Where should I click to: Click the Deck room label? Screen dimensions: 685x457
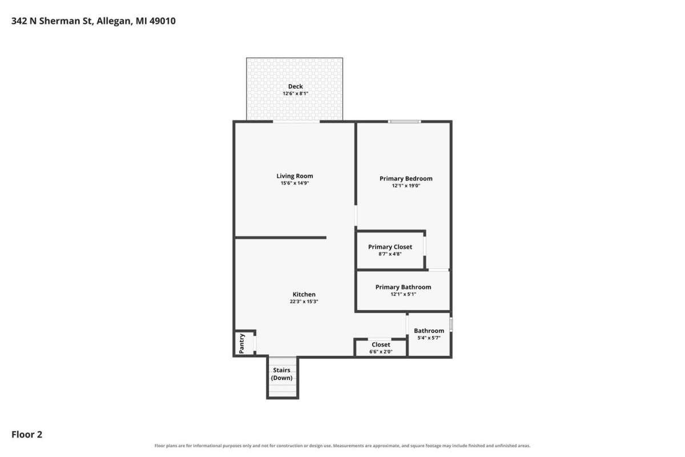pyautogui.click(x=296, y=86)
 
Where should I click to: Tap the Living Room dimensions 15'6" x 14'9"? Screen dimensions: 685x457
pyautogui.click(x=295, y=183)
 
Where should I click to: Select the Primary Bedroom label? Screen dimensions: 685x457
pyautogui.click(x=406, y=178)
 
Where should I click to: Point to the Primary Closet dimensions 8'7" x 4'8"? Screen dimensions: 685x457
pyautogui.click(x=390, y=254)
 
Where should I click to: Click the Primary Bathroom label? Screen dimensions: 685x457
pyautogui.click(x=403, y=287)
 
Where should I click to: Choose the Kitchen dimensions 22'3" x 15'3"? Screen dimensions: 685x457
pyautogui.click(x=304, y=302)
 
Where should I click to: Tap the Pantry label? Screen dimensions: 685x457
pyautogui.click(x=241, y=343)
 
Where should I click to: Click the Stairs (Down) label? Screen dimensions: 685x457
pyautogui.click(x=281, y=374)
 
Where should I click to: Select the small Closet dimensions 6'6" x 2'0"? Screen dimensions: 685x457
pyautogui.click(x=381, y=352)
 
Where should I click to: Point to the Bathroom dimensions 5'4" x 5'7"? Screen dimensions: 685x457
pyautogui.click(x=429, y=338)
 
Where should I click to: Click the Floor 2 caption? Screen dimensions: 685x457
pyautogui.click(x=27, y=434)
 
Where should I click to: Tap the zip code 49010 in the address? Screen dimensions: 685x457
pyautogui.click(x=162, y=21)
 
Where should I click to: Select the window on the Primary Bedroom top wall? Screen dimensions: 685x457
pyautogui.click(x=404, y=122)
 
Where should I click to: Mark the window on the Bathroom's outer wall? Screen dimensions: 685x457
pyautogui.click(x=451, y=325)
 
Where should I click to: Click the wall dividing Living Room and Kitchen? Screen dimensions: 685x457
pyautogui.click(x=280, y=238)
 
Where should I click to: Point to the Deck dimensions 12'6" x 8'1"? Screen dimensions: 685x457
pyautogui.click(x=296, y=93)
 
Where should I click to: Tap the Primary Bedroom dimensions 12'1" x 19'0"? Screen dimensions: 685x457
pyautogui.click(x=406, y=186)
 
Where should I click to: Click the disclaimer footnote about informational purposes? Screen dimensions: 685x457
pyautogui.click(x=342, y=446)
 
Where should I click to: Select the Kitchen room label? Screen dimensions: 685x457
pyautogui.click(x=304, y=294)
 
